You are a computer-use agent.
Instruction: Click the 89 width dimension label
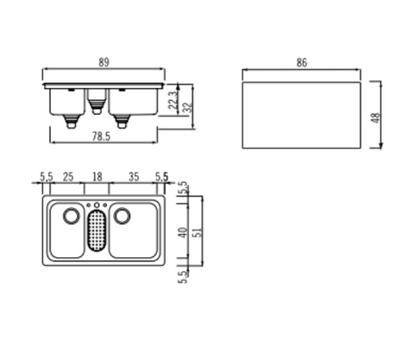[103, 62]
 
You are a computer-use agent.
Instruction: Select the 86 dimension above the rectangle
[302, 62]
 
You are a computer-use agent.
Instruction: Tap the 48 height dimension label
[376, 117]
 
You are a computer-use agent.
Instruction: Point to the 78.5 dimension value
[101, 136]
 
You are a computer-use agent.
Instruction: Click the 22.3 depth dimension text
[173, 100]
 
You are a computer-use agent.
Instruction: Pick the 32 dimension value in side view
[187, 107]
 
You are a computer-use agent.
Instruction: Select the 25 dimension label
[68, 177]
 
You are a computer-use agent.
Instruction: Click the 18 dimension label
[97, 177]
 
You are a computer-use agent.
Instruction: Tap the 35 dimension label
[134, 177]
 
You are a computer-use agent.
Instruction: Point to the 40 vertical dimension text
[183, 232]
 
